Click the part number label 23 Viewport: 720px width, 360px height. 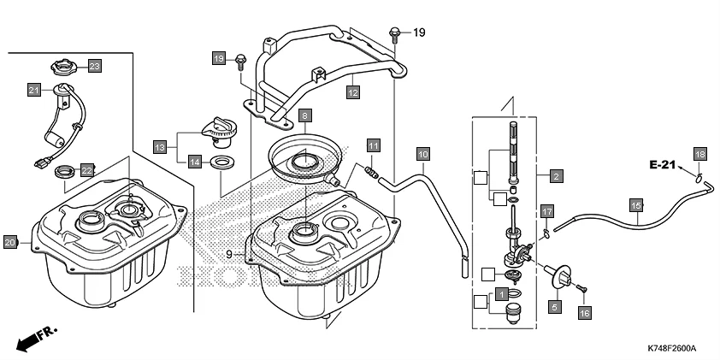tap(94, 66)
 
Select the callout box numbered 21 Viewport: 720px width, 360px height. tap(34, 89)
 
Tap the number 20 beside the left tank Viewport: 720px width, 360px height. tap(10, 242)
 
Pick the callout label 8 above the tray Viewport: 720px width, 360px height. tap(304, 115)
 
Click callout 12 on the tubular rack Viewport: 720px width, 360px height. tap(352, 89)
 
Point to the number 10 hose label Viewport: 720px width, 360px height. tap(422, 154)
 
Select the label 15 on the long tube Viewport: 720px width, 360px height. tap(635, 205)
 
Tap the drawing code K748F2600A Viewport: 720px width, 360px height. tap(671, 349)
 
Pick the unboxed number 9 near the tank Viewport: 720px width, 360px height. tap(229, 254)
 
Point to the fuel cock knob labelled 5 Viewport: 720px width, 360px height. tap(562, 277)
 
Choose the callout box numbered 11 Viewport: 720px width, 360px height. tap(373, 146)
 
